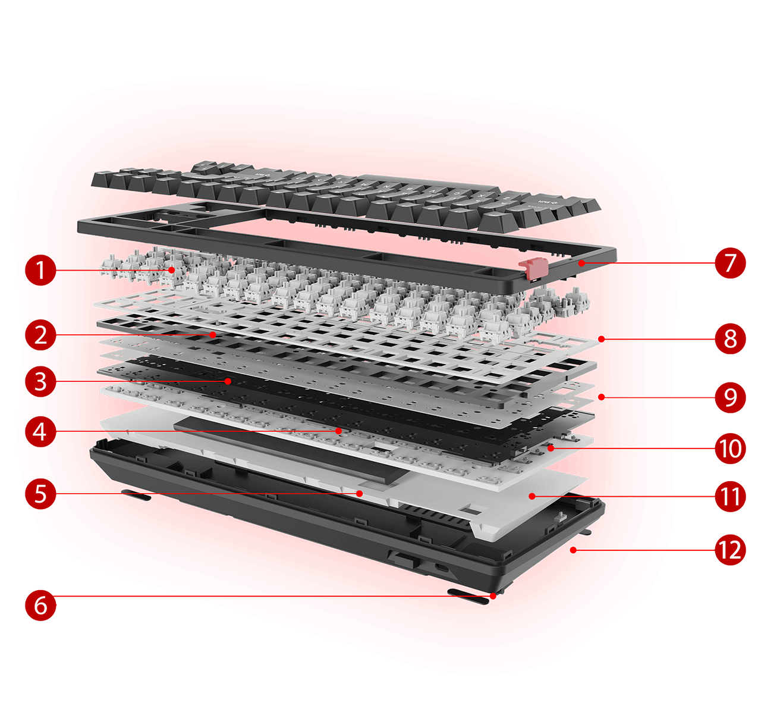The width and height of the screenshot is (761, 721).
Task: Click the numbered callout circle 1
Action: tap(40, 270)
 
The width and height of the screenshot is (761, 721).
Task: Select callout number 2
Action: tap(40, 335)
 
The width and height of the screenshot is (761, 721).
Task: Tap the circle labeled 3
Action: tap(40, 381)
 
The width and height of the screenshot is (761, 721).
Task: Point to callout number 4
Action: tap(40, 431)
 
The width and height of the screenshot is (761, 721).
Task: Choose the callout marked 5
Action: tap(40, 494)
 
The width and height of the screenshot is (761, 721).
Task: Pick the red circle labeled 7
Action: tap(730, 262)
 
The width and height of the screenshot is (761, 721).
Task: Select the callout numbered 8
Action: tap(730, 338)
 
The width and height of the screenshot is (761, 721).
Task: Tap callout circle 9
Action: tap(730, 397)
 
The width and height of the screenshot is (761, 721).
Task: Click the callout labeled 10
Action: tap(730, 449)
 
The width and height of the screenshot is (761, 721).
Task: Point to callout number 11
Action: tap(730, 496)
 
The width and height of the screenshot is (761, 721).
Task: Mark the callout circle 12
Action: tap(730, 550)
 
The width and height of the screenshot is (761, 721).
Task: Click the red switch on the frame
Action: tap(531, 268)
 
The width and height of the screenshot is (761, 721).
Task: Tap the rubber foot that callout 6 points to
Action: tap(468, 597)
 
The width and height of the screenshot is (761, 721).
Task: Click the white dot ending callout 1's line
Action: tap(172, 270)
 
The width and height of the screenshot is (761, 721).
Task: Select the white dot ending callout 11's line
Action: tap(532, 496)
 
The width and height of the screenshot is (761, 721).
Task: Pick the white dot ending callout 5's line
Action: tap(360, 493)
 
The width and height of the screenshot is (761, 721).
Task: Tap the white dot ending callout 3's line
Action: tap(228, 381)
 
